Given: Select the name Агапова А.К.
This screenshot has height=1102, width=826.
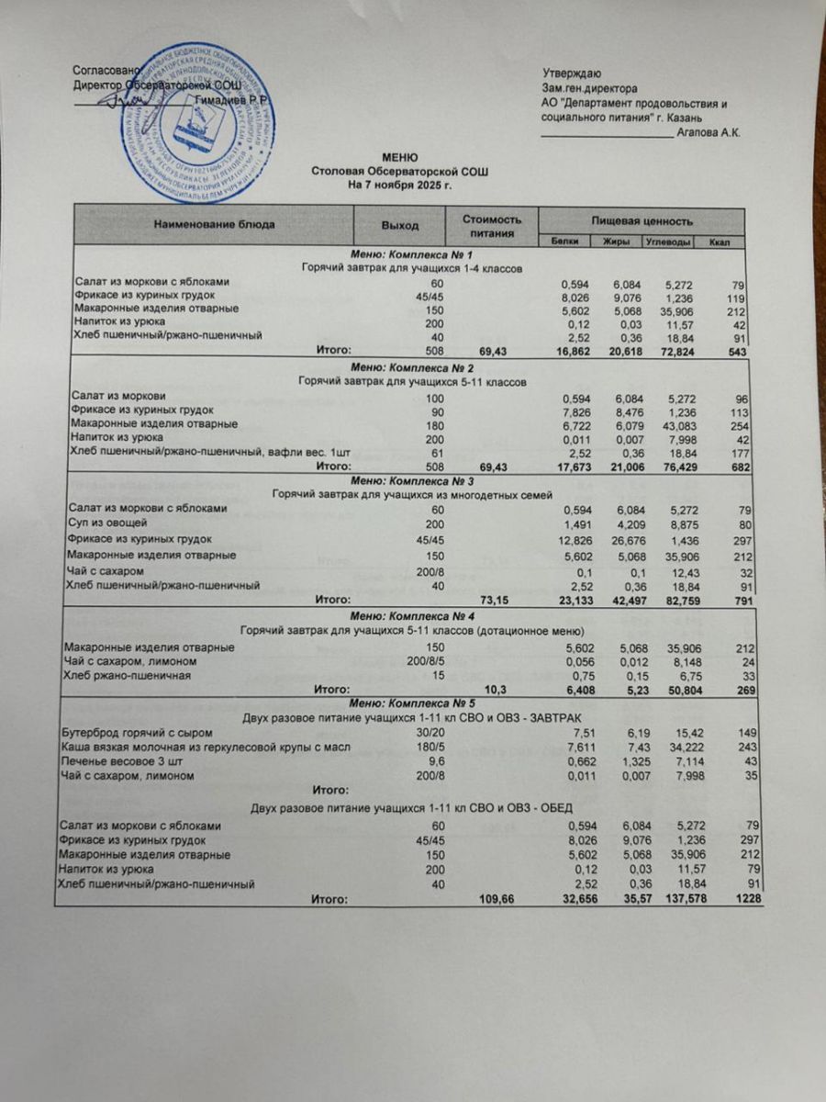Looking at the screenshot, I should coord(709,132).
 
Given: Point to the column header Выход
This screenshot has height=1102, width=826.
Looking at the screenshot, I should coord(400,225).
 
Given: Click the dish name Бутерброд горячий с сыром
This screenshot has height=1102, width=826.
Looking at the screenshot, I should coord(135,733).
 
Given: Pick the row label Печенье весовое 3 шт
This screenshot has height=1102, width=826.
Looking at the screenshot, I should coord(118,762).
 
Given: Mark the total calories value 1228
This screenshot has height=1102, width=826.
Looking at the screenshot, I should coord(741,899).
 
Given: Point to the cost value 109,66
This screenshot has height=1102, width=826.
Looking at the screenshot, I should coord(497,899).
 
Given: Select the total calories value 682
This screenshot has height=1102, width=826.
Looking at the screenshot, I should coord(742,467).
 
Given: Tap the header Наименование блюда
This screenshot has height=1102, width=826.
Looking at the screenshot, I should coord(214,225).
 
